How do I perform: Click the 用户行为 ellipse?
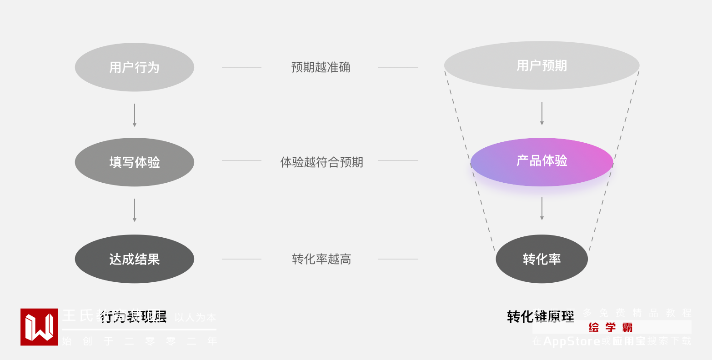tap(135, 67)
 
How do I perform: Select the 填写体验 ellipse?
tap(135, 162)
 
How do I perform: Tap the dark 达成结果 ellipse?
tap(135, 259)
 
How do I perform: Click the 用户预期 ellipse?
tap(542, 65)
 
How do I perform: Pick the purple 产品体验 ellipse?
tap(542, 162)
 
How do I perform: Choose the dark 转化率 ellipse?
tap(542, 259)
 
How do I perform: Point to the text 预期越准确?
tap(321, 67)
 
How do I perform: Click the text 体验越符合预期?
tap(321, 162)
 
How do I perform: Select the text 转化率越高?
tap(321, 259)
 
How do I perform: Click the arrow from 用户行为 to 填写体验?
tap(135, 115)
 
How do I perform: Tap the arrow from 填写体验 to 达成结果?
tap(135, 210)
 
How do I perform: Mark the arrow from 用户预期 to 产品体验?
tap(542, 113)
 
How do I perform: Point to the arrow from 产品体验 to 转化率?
tap(542, 208)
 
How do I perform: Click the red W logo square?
tap(39, 327)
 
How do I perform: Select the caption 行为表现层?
tap(133, 316)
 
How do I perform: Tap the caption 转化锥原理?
tap(541, 316)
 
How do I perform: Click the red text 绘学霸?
tap(610, 327)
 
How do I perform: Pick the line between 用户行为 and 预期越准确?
tap(241, 67)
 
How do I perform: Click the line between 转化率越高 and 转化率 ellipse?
tap(398, 259)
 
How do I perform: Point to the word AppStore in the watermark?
tap(572, 341)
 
